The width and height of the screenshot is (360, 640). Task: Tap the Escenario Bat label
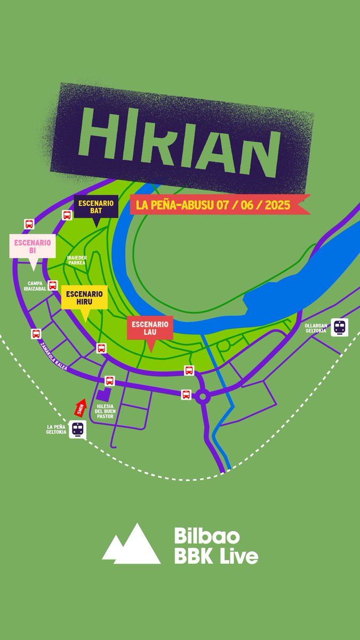pos(96,206)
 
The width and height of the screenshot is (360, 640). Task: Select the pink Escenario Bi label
pos(33,246)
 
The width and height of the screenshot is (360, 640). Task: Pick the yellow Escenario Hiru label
pos(85,298)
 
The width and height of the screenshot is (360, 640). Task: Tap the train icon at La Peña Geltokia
pos(78,429)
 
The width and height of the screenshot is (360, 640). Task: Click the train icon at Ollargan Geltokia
pos(340,326)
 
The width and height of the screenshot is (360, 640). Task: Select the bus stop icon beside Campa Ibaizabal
pos(53,285)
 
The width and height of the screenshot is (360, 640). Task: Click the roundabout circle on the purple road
pos(203,396)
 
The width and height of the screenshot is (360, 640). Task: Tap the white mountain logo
pos(132,545)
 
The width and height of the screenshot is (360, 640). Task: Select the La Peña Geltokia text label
pos(57,429)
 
